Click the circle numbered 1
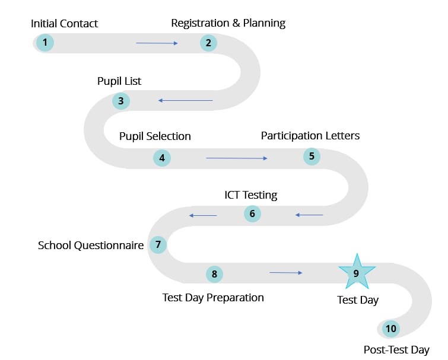[45, 43]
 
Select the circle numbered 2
[208, 43]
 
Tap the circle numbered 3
[121, 101]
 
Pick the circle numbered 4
[161, 158]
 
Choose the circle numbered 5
[312, 157]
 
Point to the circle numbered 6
[252, 214]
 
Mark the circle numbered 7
[158, 244]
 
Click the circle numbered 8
[214, 274]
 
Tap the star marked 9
[357, 273]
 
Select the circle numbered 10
[390, 329]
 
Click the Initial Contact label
[64, 24]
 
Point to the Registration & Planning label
[228, 23]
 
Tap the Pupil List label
[119, 81]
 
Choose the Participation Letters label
[310, 136]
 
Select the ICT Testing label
[250, 195]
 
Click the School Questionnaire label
[91, 245]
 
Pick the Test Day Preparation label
[213, 297]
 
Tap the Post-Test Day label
[396, 350]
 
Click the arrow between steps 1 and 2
[157, 43]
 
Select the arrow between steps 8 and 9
[285, 273]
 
